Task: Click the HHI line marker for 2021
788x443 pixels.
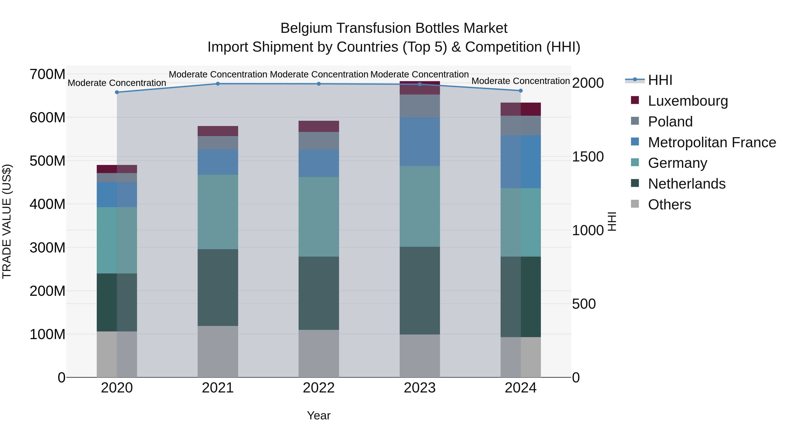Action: coord(218,84)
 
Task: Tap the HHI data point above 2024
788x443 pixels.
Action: coord(521,91)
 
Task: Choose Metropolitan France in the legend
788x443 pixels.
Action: coord(712,142)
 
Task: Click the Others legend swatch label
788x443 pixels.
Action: coord(669,205)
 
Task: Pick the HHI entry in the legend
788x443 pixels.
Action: coord(660,80)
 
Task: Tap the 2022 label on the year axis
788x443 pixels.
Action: coord(319,388)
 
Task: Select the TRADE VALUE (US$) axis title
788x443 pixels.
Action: coord(7,221)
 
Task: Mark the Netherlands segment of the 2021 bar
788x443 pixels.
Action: coord(218,287)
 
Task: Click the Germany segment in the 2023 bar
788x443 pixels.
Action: coord(420,206)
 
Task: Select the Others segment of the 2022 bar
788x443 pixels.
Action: coord(319,354)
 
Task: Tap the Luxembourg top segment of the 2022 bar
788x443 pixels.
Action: coord(319,126)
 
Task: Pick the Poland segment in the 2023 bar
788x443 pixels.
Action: coord(420,106)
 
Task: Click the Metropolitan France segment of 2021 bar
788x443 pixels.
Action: coord(218,162)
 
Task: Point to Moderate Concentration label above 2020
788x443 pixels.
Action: coord(117,83)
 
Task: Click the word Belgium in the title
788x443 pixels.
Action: coord(306,28)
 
